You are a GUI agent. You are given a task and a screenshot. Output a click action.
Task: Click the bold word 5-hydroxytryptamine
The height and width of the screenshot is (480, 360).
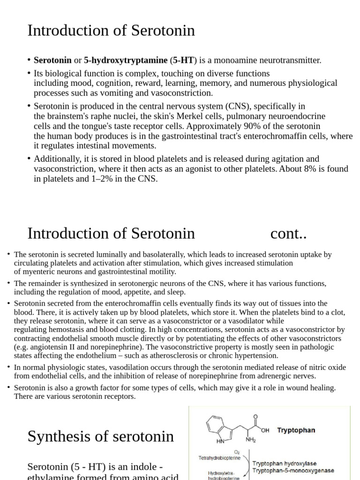(126, 60)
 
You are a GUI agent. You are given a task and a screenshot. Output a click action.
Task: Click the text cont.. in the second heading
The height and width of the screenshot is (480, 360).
(288, 233)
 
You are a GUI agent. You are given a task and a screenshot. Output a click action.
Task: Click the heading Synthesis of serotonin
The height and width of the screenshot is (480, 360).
(100, 436)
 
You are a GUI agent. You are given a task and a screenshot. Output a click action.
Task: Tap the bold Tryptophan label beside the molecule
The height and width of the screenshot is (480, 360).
(296, 430)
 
